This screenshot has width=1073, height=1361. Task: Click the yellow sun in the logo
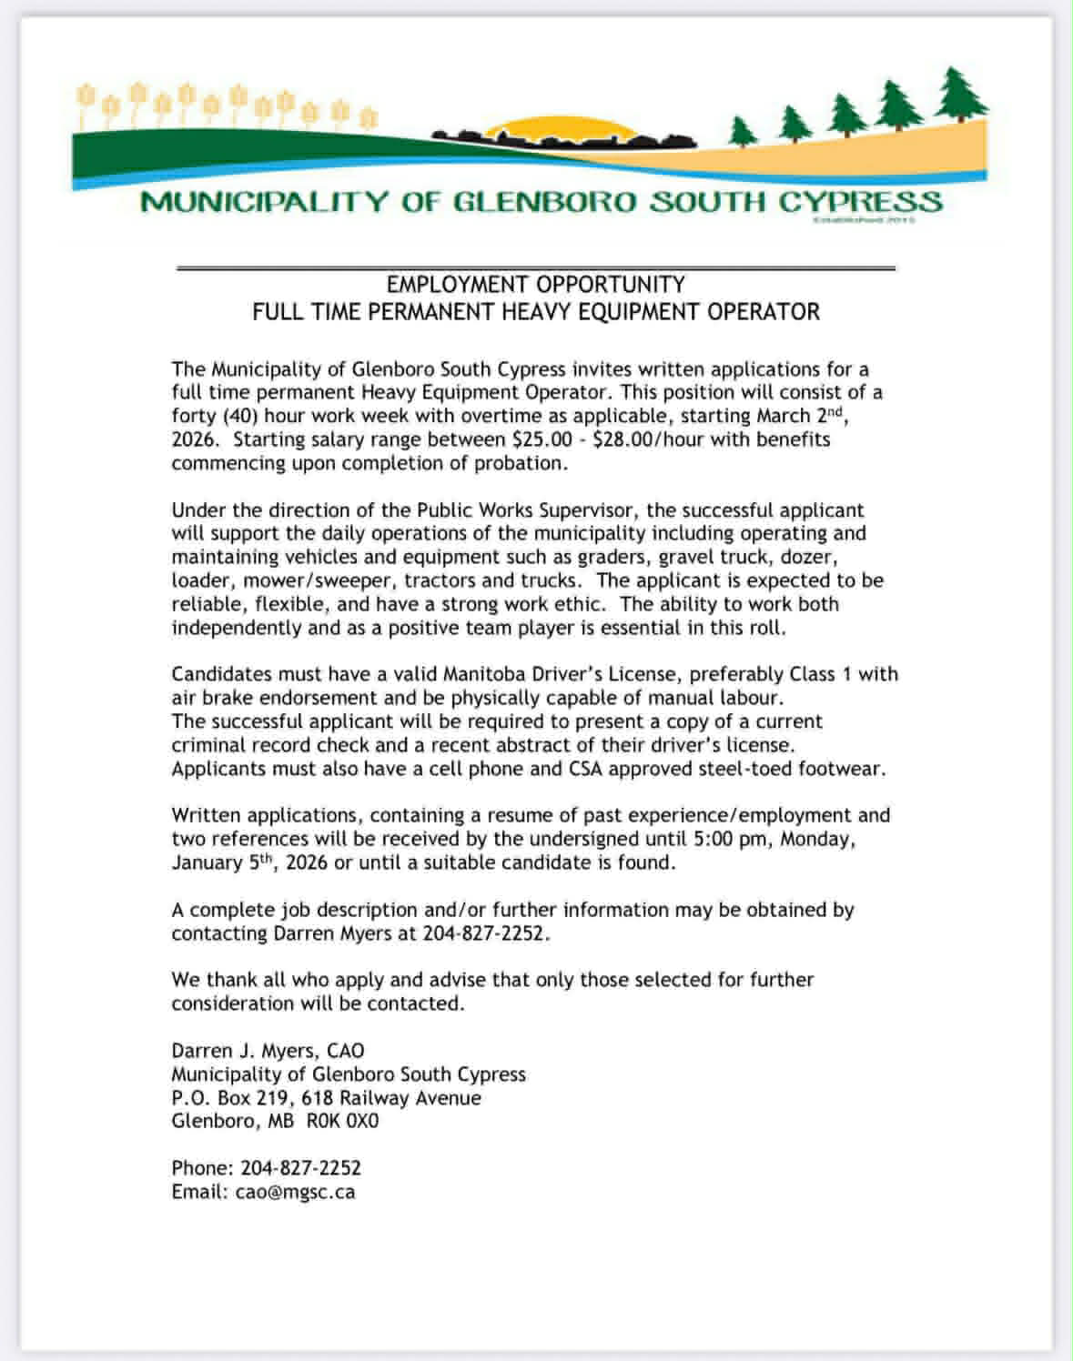tap(547, 131)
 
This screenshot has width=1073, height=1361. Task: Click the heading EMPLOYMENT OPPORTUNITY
tap(535, 285)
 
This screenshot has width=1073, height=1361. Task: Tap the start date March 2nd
tap(802, 416)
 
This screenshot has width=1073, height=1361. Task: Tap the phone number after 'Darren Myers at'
tap(486, 933)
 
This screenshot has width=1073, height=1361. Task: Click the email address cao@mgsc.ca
tap(295, 1192)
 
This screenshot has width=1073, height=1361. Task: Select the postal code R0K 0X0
tap(342, 1121)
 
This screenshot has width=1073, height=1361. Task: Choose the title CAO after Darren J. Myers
tap(345, 1051)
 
